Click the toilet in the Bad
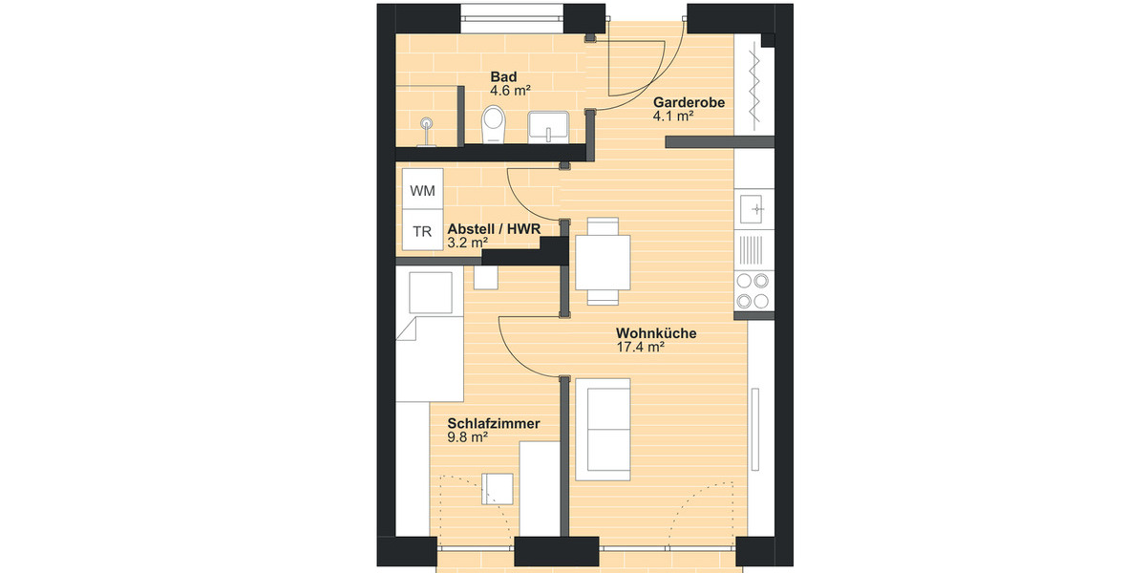tap(494, 124)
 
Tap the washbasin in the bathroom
tap(548, 125)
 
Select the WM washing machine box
tap(422, 191)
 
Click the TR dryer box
tap(421, 231)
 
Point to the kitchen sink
tap(753, 208)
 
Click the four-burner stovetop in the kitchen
tap(753, 291)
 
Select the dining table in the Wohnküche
tap(602, 261)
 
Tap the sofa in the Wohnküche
tap(604, 428)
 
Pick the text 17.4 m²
tap(641, 348)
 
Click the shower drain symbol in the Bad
tap(427, 123)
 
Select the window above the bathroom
tap(514, 17)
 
